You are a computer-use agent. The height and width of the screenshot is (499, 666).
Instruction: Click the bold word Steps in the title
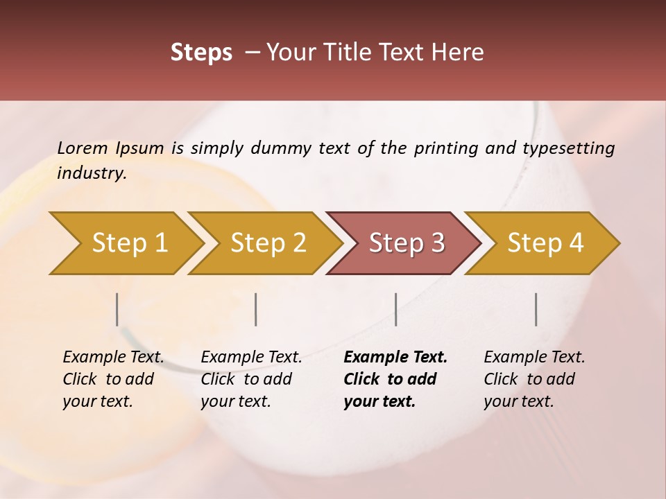tap(201, 53)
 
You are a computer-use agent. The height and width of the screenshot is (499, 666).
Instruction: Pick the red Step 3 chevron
tap(407, 243)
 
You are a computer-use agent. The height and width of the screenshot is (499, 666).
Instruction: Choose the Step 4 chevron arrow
tap(545, 243)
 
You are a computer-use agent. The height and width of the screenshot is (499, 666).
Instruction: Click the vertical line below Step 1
tap(117, 309)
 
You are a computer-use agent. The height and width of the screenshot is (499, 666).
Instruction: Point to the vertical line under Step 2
tap(256, 309)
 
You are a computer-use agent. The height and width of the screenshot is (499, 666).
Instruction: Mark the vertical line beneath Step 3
tap(395, 309)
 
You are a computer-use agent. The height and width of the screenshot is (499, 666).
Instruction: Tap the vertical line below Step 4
tap(536, 309)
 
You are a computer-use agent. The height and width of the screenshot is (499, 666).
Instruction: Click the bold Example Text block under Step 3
tap(395, 379)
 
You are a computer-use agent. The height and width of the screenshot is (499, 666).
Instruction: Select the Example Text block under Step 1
tap(113, 379)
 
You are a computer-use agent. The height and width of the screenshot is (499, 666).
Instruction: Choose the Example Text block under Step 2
tap(251, 379)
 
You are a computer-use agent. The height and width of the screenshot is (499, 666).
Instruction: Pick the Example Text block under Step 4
tap(534, 379)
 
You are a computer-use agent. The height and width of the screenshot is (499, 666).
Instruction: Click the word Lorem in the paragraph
tap(83, 148)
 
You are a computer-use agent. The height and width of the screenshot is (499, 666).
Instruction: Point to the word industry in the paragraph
tap(92, 173)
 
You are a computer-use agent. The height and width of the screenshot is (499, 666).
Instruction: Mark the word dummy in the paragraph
tap(282, 148)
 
